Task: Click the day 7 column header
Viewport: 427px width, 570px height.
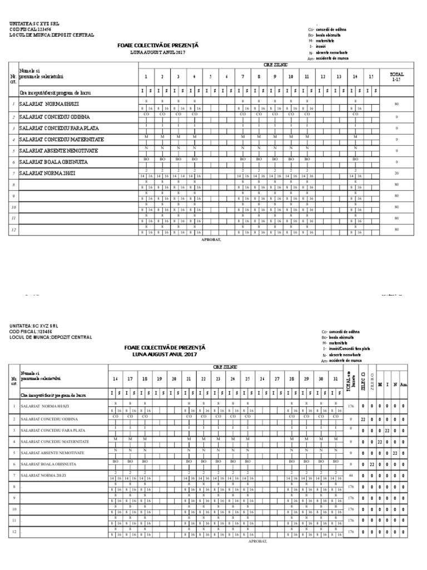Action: click(x=242, y=76)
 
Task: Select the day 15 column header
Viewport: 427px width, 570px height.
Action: click(x=371, y=76)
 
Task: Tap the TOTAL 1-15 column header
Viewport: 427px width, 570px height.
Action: click(x=397, y=76)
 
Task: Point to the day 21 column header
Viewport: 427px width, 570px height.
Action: click(x=189, y=379)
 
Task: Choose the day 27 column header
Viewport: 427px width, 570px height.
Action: click(x=276, y=379)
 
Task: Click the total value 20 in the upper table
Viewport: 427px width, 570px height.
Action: click(x=397, y=173)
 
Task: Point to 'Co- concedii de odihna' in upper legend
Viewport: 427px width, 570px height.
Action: click(x=331, y=29)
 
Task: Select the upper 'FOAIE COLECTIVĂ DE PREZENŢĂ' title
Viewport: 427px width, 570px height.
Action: click(x=157, y=45)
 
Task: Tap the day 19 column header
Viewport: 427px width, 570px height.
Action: click(x=159, y=379)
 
